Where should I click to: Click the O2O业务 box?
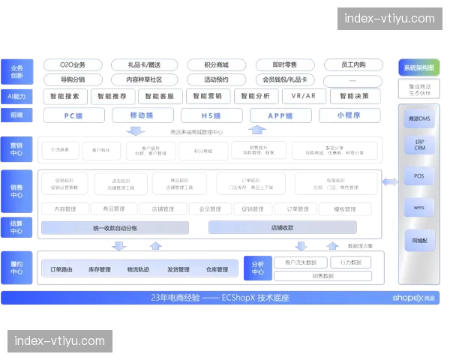point(73,65)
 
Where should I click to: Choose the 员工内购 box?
point(353,65)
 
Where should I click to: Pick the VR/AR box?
point(303,96)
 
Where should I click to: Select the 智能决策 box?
point(354,96)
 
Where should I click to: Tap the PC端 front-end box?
point(73,115)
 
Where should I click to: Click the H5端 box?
point(211,115)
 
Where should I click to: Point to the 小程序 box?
point(349,115)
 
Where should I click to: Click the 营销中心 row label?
point(16,148)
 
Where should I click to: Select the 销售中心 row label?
point(16,190)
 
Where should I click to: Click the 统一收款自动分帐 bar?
point(115,227)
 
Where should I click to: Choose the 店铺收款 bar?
point(282,227)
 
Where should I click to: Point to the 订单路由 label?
point(61,269)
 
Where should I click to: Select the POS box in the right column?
point(418,176)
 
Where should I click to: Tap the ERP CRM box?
point(418,144)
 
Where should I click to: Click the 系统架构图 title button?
point(418,67)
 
